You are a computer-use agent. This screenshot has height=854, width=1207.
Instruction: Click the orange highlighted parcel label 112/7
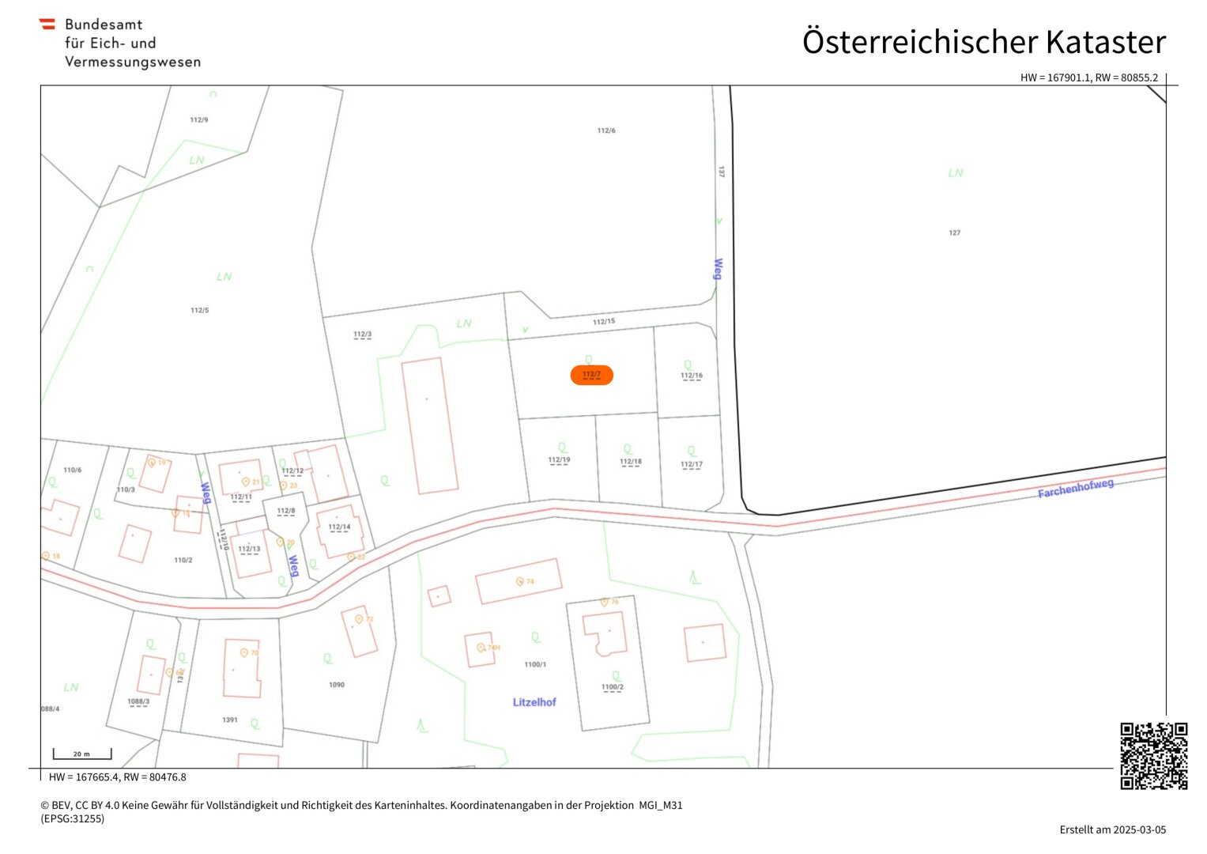click(x=591, y=375)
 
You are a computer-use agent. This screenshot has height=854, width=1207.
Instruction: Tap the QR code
click(x=1153, y=755)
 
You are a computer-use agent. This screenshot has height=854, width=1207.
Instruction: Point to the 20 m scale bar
click(x=82, y=754)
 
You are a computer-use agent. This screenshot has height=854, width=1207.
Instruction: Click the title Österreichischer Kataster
click(x=983, y=42)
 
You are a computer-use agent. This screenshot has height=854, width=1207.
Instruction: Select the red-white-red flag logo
click(x=47, y=25)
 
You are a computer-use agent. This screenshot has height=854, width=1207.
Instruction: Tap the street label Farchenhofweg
click(x=1075, y=488)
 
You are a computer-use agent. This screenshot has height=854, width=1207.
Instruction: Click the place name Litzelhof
click(x=534, y=702)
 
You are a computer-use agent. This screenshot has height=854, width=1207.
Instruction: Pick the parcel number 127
click(x=954, y=232)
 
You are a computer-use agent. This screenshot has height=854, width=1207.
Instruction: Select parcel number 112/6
click(x=606, y=130)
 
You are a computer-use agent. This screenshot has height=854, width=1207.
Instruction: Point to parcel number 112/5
click(x=200, y=310)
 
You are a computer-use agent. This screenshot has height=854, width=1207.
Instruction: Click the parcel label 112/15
click(x=604, y=322)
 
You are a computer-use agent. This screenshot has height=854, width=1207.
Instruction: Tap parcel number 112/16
click(x=692, y=376)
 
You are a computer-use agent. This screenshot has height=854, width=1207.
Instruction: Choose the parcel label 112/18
click(x=631, y=461)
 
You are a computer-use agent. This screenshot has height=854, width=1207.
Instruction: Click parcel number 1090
click(x=337, y=685)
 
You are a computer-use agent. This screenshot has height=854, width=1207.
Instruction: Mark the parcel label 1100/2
click(x=612, y=687)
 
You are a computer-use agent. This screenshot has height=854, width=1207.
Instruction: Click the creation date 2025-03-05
click(x=1139, y=829)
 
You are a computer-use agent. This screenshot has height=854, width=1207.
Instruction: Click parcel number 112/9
click(x=199, y=120)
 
